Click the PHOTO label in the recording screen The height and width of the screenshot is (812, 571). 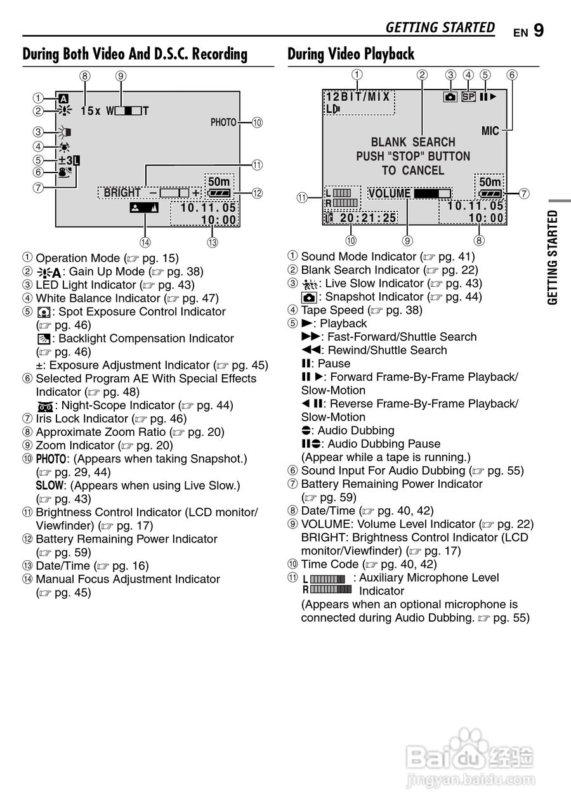coord(223,122)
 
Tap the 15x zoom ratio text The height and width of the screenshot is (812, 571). coord(91,111)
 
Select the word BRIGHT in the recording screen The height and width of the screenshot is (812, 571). coord(122,193)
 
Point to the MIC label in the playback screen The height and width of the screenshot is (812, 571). coord(490,131)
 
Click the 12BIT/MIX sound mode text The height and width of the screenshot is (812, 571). coord(358,97)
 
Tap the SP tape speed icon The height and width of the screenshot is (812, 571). coord(468,97)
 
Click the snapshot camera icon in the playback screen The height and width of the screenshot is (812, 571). coord(450,97)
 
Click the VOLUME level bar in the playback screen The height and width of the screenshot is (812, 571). coord(432,193)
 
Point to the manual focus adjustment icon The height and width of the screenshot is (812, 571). coord(145,207)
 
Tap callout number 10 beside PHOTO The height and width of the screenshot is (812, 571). coord(257,122)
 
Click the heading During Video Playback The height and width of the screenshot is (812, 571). coord(351,55)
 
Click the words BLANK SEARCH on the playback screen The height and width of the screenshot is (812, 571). coord(413,142)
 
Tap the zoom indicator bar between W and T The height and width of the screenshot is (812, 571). coord(129,111)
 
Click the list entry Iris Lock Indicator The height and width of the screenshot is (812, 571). coord(82,419)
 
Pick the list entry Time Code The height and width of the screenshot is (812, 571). coord(332,564)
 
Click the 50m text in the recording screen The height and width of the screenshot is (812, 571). coord(219,181)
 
